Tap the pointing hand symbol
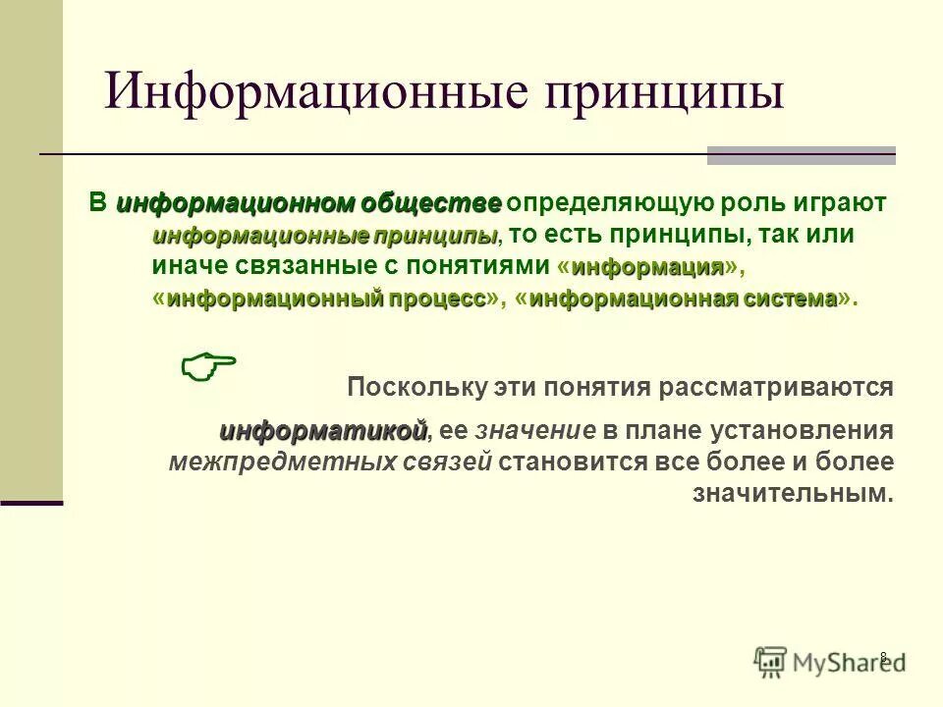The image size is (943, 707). [x=209, y=367]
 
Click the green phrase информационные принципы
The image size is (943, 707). [x=325, y=236]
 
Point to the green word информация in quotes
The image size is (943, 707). [x=647, y=267]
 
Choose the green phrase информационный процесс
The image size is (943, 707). [x=325, y=299]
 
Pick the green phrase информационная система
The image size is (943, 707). [x=684, y=299]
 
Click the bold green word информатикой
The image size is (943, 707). [x=323, y=431]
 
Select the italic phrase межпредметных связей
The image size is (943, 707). [x=330, y=462]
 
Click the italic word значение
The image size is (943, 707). [x=536, y=431]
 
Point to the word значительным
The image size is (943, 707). [x=793, y=494]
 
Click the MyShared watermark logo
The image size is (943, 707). [x=828, y=662]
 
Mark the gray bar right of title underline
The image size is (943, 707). [x=801, y=154]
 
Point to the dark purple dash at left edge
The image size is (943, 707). [x=31, y=503]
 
